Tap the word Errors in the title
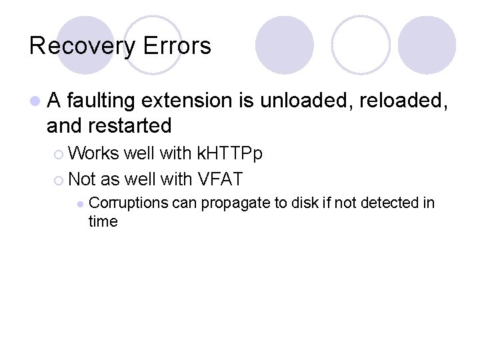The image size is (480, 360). pos(175,46)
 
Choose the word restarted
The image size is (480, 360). pos(131,125)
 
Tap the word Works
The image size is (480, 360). pos(93,154)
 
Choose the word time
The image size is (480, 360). pos(103,221)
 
